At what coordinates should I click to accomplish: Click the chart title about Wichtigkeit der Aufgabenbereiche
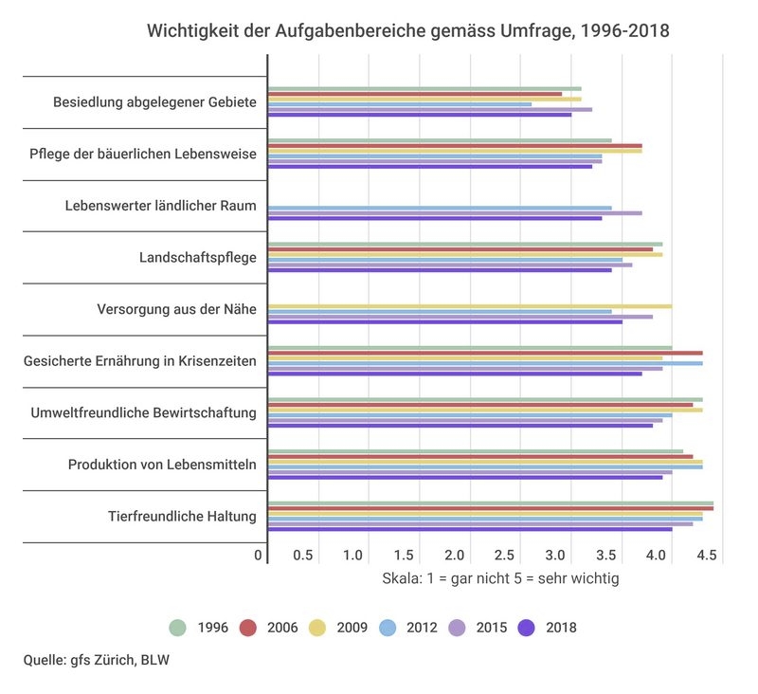pos(407,31)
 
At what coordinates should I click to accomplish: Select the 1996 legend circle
pos(177,627)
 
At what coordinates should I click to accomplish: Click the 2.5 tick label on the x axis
pos(505,555)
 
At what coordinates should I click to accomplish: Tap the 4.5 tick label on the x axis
pos(707,555)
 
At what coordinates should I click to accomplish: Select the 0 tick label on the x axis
pos(258,555)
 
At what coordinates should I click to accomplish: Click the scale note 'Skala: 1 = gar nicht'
pos(500,577)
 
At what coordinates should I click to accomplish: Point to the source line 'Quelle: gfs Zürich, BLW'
pos(97,660)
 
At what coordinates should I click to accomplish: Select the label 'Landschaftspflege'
pos(197,257)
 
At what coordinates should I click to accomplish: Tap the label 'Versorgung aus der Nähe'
pos(176,309)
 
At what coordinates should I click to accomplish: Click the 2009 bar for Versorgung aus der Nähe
pos(469,306)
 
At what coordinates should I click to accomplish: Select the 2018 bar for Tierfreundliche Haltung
pos(470,529)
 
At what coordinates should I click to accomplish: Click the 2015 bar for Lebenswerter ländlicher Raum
pos(455,213)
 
